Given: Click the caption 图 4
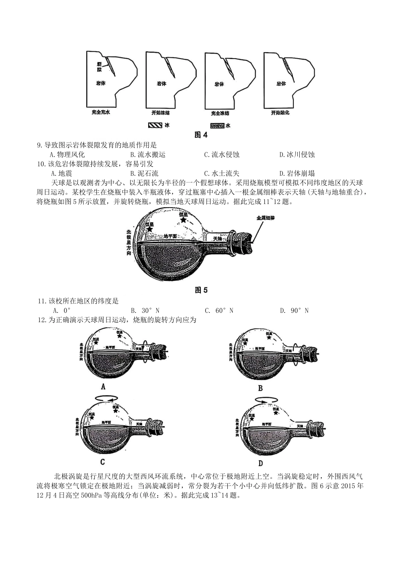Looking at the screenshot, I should pyautogui.click(x=201, y=135).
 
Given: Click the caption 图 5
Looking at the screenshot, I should pyautogui.click(x=201, y=290).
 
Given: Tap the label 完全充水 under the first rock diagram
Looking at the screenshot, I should pyautogui.click(x=101, y=113).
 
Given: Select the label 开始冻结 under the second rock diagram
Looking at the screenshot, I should pyautogui.click(x=160, y=113).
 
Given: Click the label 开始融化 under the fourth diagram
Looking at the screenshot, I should pyautogui.click(x=280, y=113).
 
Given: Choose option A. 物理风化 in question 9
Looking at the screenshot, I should pyautogui.click(x=67, y=155).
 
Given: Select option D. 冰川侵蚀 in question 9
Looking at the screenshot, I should pyautogui.click(x=297, y=155).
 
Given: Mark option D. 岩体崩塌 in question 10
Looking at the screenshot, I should pyautogui.click(x=297, y=173).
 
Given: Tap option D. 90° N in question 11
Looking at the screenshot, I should pyautogui.click(x=294, y=310).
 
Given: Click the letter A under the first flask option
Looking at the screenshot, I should pyautogui.click(x=103, y=387).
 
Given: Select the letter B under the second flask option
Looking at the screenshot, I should pyautogui.click(x=260, y=388).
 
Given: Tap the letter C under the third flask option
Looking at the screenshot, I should pyautogui.click(x=102, y=462).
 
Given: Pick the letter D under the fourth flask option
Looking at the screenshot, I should pyautogui.click(x=260, y=463).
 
